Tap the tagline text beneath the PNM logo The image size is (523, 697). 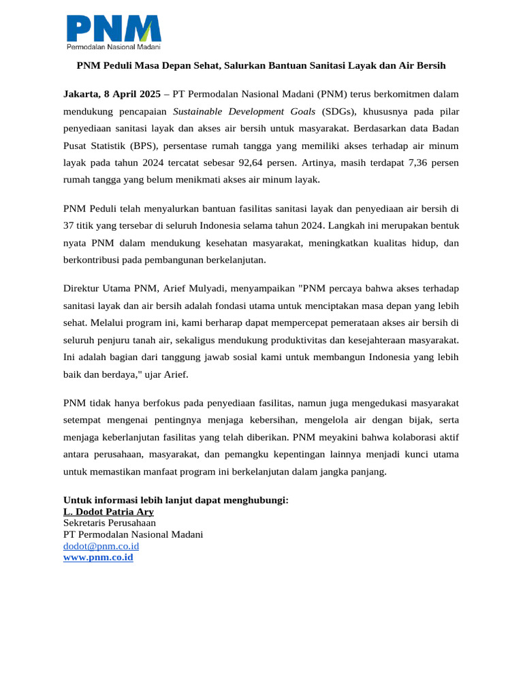113,47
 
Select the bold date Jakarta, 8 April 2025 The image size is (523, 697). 112,93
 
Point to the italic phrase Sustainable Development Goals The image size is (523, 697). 244,111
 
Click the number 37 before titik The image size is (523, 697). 69,225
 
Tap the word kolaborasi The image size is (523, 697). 407,437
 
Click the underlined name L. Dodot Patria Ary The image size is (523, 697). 108,512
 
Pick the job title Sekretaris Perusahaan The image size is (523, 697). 110,523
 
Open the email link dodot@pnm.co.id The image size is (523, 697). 101,546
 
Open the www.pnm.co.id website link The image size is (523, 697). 98,557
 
